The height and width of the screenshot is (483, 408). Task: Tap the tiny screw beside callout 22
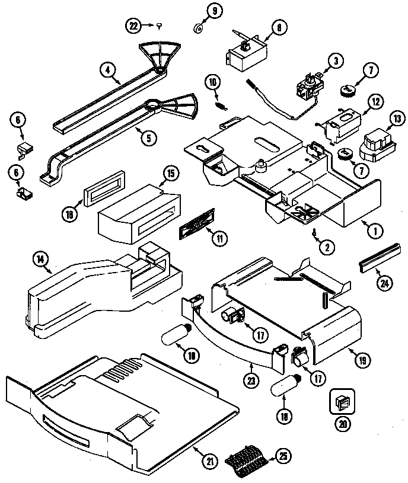tap(161, 24)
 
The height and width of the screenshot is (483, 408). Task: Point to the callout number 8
tap(278, 26)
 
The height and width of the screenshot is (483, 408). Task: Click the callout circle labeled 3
tap(336, 60)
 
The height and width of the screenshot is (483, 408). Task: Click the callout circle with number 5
tap(148, 138)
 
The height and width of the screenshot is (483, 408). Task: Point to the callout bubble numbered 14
tap(41, 258)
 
